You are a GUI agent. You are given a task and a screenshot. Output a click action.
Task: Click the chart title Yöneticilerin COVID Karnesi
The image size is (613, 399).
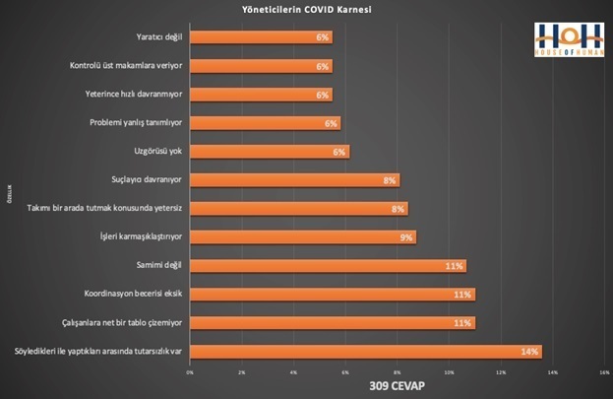click(306, 10)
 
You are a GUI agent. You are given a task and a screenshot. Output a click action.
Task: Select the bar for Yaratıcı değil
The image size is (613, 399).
click(260, 37)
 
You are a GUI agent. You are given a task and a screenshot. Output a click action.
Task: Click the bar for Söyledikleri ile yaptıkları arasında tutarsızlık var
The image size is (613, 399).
click(365, 351)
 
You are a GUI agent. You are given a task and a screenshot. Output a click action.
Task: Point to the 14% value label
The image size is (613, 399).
click(529, 352)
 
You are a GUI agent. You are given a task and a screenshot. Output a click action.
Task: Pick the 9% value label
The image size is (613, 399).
click(405, 237)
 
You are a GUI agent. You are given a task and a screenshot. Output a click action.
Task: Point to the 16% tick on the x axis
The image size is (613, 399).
click(604, 371)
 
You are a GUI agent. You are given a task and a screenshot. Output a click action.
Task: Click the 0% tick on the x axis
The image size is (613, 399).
click(189, 371)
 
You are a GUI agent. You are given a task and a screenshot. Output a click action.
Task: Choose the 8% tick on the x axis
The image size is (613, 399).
click(397, 371)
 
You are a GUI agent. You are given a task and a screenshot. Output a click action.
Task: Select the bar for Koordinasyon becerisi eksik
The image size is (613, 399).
click(332, 295)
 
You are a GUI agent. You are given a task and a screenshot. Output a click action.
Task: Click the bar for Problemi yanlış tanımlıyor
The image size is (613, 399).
click(264, 123)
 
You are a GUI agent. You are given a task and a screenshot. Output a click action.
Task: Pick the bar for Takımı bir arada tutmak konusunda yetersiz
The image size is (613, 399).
click(297, 209)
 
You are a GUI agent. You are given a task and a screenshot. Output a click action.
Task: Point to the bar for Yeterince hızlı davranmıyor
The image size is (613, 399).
click(260, 95)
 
